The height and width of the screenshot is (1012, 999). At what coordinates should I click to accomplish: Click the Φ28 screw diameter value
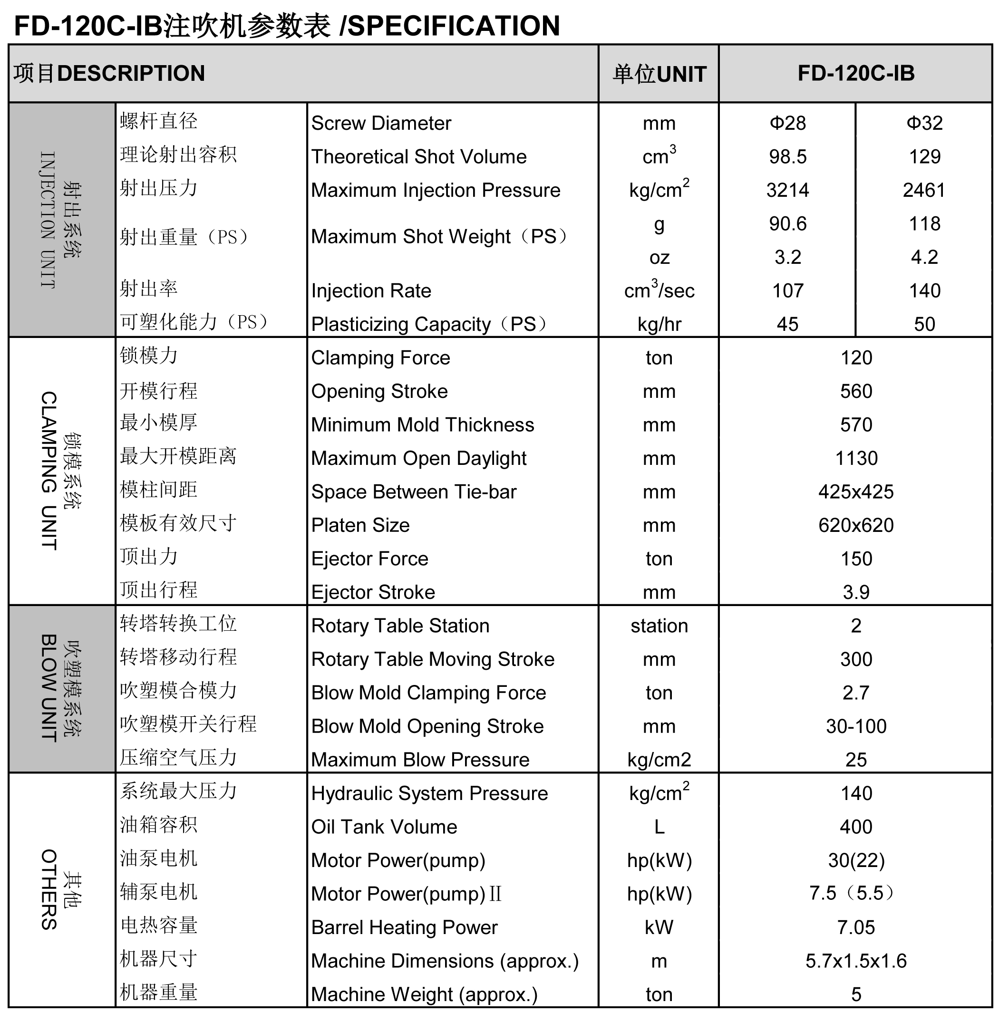pos(787,123)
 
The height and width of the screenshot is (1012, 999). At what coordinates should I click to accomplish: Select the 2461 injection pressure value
pos(923,190)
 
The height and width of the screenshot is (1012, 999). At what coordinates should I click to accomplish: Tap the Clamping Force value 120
pos(856,358)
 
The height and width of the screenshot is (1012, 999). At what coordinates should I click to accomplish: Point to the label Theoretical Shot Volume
pos(418,156)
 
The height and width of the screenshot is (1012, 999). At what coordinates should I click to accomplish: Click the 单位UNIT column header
pos(659,74)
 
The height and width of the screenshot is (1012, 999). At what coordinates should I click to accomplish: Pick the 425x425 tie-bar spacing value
pos(856,492)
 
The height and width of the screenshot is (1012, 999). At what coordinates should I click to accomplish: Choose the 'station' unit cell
pos(659,626)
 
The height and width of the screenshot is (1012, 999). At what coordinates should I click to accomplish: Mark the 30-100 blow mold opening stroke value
pos(856,726)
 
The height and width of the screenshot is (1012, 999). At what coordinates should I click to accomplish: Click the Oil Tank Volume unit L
pos(659,827)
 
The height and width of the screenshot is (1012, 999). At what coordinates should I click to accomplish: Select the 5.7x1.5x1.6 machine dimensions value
pos(856,961)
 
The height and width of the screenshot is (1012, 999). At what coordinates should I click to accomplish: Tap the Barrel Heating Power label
pos(404,928)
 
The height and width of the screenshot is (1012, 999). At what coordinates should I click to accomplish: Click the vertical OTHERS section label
pos(48,889)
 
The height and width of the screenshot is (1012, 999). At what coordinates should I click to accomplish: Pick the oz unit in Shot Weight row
pos(659,257)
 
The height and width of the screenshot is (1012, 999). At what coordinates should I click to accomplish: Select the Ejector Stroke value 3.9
pos(856,592)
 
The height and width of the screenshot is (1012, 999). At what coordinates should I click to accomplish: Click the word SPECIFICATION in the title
pos(454,26)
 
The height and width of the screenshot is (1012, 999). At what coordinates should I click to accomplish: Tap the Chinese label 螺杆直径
pos(158,121)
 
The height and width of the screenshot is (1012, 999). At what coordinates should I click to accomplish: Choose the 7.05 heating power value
pos(856,928)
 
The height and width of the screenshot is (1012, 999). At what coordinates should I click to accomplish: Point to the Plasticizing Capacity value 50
pos(924,324)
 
